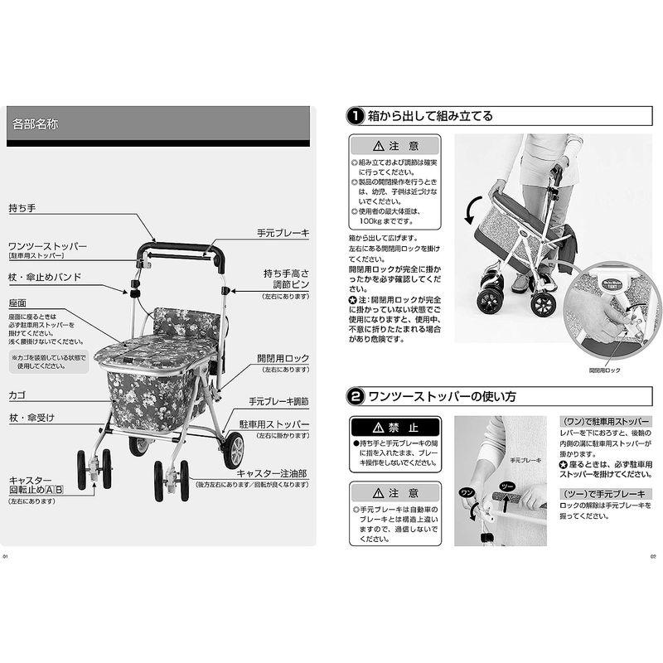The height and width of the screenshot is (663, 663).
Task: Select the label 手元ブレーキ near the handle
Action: pyautogui.click(x=282, y=235)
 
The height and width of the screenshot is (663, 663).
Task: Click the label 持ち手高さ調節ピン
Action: pyautogui.click(x=286, y=278)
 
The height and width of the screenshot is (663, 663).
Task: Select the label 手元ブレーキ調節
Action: pyautogui.click(x=278, y=402)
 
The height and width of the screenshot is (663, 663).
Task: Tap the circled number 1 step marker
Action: pyautogui.click(x=354, y=116)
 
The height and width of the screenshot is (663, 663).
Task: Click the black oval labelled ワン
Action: pyautogui.click(x=467, y=491)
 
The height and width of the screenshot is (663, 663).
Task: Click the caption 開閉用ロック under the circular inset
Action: pyautogui.click(x=604, y=370)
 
